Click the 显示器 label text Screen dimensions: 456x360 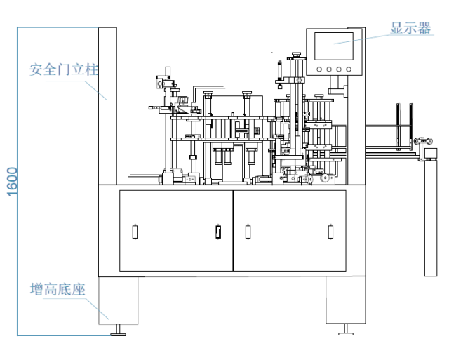coord(410,28)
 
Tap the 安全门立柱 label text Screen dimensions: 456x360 coord(63,69)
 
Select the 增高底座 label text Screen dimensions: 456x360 coord(58,289)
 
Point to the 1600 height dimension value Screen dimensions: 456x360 coord(12,182)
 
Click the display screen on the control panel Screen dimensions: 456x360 coord(334,46)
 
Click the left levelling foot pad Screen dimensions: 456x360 coord(118,335)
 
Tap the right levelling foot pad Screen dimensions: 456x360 coord(346,334)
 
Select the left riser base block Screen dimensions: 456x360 coord(118,300)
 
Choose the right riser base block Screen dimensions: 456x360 coord(345,300)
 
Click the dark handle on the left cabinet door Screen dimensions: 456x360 coord(218,232)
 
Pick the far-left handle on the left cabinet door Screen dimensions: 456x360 coord(135,232)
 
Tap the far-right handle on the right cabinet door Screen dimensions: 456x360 coord(330,232)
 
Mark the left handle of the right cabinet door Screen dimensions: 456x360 coord(248,232)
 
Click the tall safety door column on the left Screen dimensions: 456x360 coord(107,106)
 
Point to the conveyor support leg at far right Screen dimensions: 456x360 coord(431,218)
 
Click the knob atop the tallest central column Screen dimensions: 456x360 coord(296,54)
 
